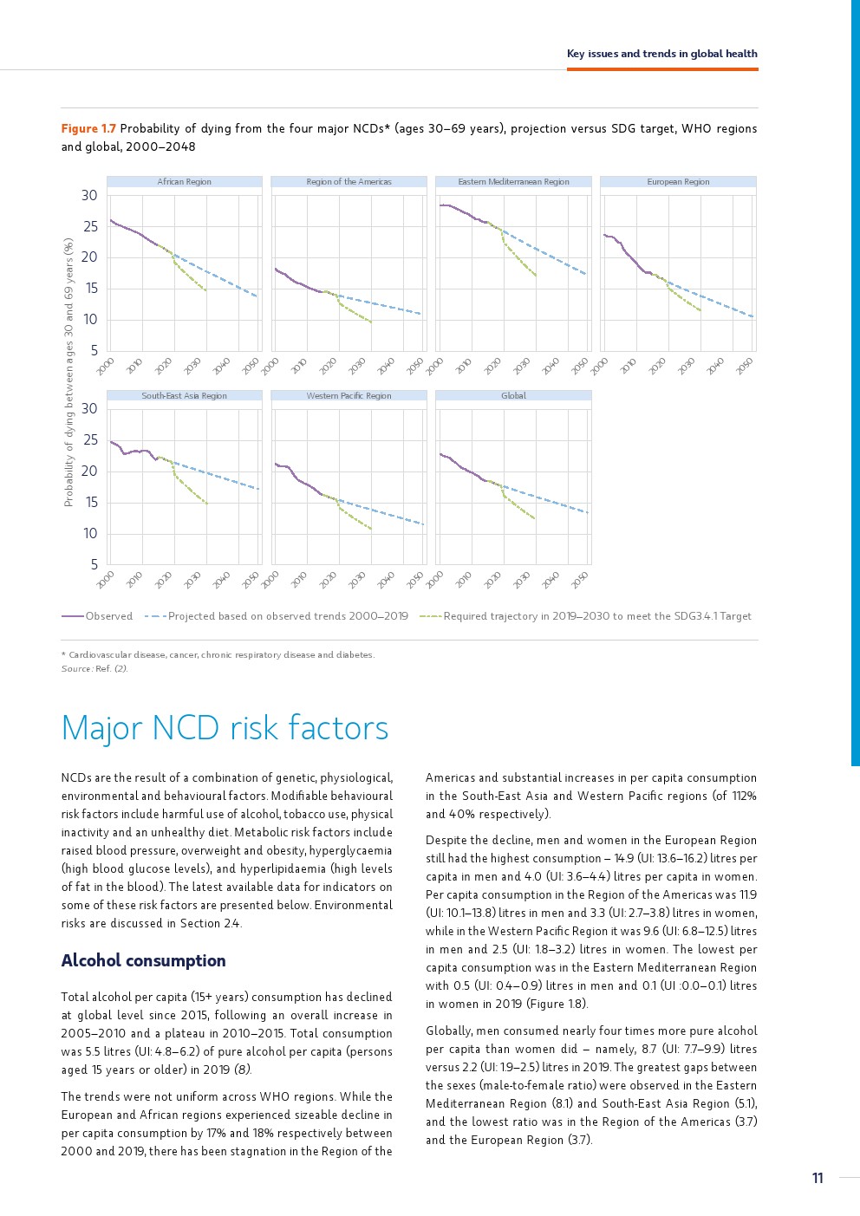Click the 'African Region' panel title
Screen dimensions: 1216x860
pos(184,182)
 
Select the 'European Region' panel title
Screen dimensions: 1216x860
pos(678,182)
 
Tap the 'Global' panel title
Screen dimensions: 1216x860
pos(513,396)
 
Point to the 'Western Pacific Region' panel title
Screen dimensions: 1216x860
pos(349,396)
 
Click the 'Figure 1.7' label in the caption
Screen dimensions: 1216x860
pos(88,129)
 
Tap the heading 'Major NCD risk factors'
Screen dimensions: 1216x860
pos(225,728)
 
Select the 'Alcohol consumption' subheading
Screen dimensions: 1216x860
pos(143,960)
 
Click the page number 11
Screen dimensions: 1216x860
pos(818,1178)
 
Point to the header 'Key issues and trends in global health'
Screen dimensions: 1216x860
pos(661,54)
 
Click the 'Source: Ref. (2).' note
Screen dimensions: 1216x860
pos(94,668)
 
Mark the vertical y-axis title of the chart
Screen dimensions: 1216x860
pos(68,373)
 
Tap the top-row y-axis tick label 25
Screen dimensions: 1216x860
pos(89,227)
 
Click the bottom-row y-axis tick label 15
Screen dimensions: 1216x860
pos(90,503)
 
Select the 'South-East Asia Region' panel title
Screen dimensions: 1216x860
pos(184,396)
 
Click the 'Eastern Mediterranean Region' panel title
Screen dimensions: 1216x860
pos(513,182)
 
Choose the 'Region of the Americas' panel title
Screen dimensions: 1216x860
pos(349,182)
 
